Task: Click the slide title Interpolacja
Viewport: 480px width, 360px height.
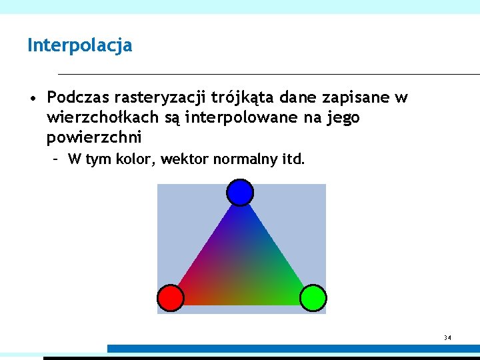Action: (x=79, y=46)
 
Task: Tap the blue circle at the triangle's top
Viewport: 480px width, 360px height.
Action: (x=240, y=193)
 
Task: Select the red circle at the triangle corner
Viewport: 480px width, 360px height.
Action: (x=170, y=298)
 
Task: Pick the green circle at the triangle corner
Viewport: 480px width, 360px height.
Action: (x=312, y=298)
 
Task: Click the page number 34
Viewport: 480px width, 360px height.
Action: (x=447, y=338)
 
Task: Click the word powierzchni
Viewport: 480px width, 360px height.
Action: (x=94, y=138)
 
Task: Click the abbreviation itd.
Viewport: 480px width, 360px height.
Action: (x=292, y=159)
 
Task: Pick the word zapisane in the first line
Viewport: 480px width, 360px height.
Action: (x=356, y=99)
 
